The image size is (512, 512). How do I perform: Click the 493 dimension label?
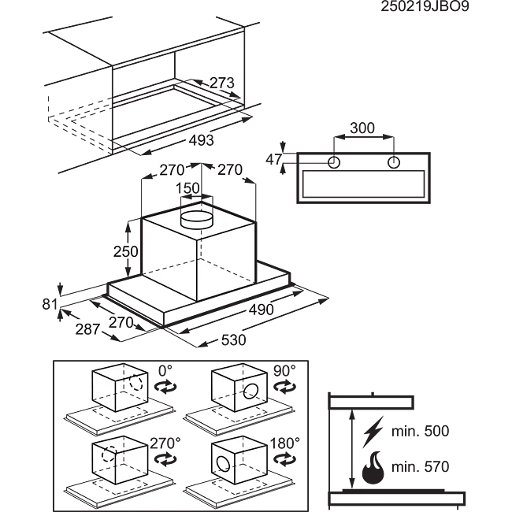[202, 140]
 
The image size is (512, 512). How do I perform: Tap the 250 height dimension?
[126, 252]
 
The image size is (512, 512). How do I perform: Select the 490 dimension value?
[260, 310]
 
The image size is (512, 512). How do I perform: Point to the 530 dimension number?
[234, 340]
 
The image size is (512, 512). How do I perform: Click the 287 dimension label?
[89, 329]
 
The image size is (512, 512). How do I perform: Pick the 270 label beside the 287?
[121, 322]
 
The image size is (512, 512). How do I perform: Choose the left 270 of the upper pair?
[172, 169]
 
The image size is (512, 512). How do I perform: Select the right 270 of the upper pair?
[229, 169]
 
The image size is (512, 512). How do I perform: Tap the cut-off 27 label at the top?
[218, 83]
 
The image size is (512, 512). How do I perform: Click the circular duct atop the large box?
[197, 219]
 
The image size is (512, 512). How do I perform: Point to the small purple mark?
[294, 167]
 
